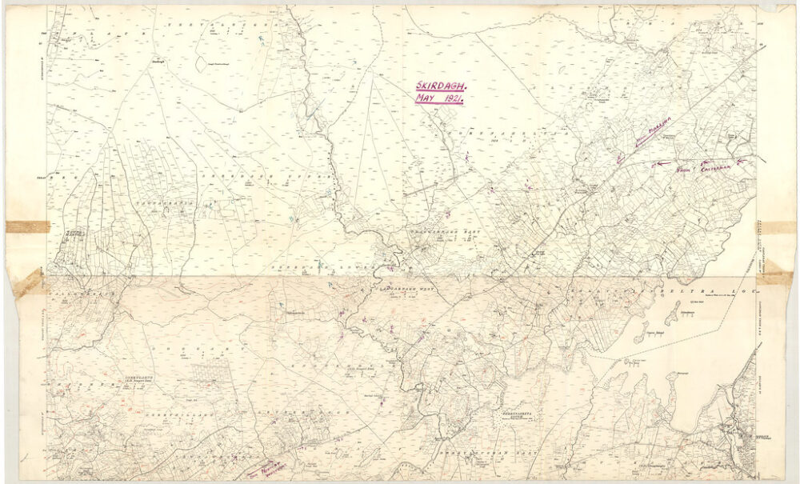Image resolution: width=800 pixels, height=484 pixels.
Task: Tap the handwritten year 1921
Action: (x=450, y=98)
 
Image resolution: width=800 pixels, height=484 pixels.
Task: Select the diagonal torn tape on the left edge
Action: (x=29, y=282)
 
